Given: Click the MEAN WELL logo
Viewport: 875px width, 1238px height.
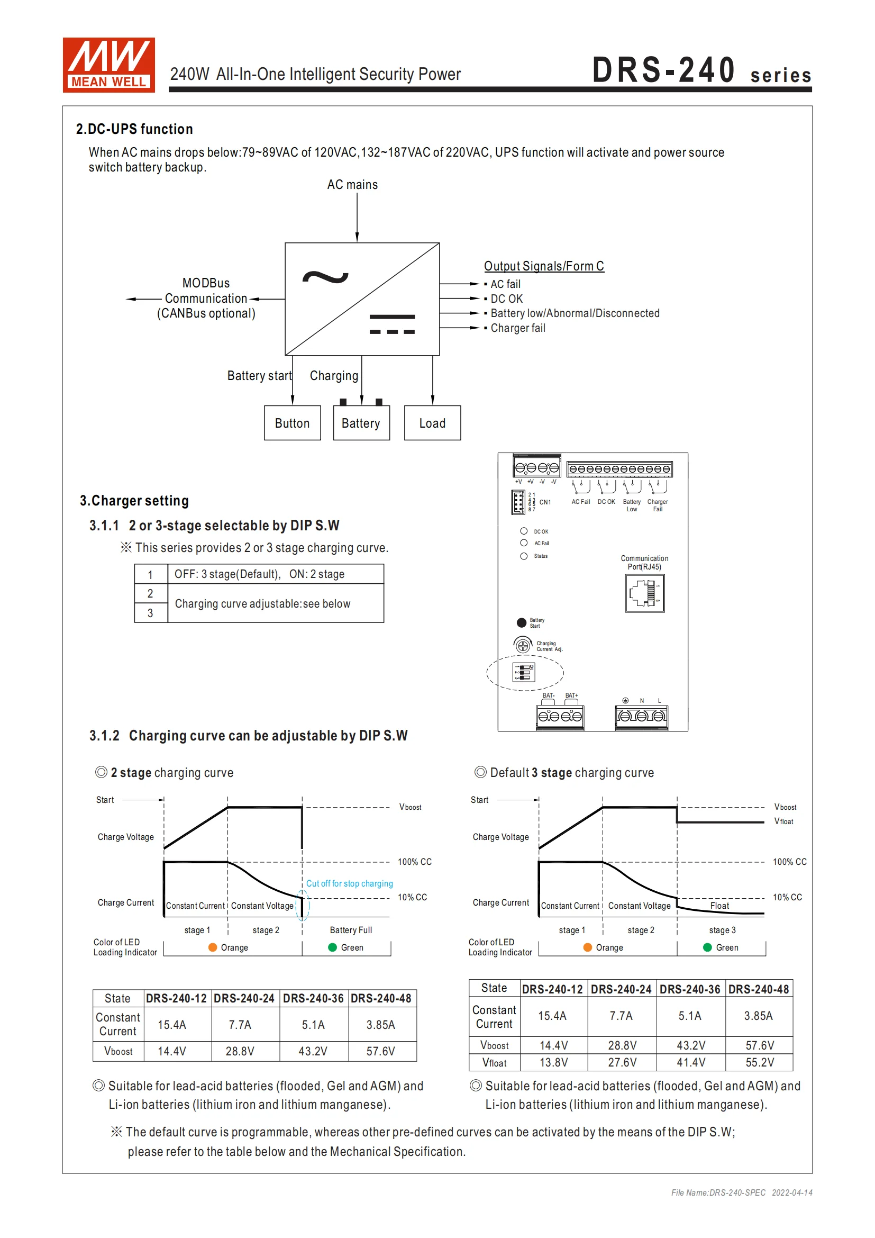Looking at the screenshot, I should (x=109, y=65).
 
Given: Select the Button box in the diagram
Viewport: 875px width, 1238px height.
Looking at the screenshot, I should (x=292, y=423).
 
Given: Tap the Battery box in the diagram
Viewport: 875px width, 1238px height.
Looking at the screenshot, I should (x=361, y=423).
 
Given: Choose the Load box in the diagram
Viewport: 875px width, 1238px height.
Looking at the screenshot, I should (x=432, y=423).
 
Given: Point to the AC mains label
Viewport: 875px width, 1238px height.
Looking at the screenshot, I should (x=352, y=185).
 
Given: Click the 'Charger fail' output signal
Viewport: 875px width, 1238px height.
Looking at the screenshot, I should (x=517, y=328).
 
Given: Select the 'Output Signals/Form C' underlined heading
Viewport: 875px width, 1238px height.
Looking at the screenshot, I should (x=544, y=266).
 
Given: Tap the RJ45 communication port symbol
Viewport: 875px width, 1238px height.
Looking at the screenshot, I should (x=644, y=593).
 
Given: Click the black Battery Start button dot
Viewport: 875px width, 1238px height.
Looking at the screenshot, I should (x=521, y=623).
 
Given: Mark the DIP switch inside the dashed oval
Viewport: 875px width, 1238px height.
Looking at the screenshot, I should (x=523, y=672).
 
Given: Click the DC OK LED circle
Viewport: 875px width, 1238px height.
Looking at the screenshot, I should (x=523, y=531).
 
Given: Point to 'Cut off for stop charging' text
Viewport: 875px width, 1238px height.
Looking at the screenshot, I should (x=349, y=884).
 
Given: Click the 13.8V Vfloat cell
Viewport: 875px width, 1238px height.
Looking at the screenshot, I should (x=553, y=1063).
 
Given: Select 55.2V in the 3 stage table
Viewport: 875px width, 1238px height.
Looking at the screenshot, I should (x=759, y=1063).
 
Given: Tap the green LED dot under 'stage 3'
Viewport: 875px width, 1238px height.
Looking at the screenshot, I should (x=707, y=947).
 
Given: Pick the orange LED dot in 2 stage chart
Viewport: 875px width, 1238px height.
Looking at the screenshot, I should (x=212, y=947).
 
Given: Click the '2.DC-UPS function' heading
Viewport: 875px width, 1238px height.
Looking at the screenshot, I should (x=134, y=129).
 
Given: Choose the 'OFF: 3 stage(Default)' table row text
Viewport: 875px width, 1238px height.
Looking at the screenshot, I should (x=259, y=574).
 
